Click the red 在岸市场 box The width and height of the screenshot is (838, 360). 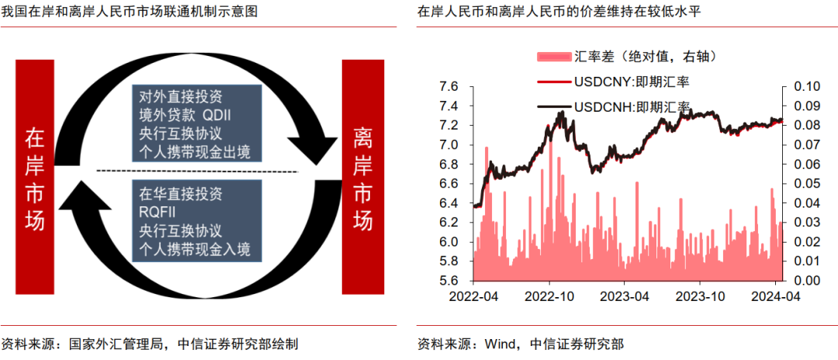36,177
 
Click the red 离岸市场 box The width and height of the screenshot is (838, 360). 363,177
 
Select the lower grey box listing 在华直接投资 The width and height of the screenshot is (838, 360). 196,221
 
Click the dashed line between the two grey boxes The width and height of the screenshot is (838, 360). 197,171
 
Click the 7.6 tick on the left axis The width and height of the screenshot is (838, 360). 451,86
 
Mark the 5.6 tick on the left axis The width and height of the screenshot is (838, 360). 451,281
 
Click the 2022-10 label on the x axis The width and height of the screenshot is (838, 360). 549,296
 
